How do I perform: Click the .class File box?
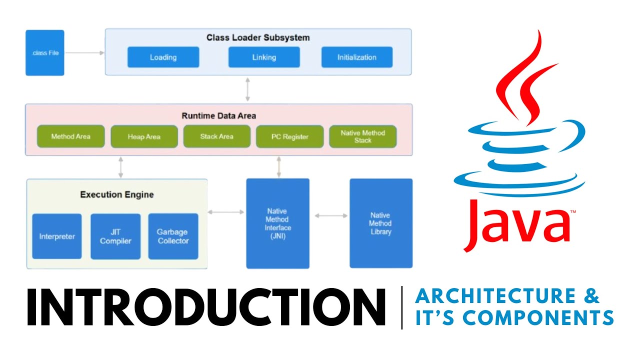coord(45,52)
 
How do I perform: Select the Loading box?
coord(163,57)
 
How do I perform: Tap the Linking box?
coord(264,57)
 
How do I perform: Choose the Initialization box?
coord(356,57)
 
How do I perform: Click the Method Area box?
coord(70,136)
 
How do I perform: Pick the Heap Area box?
coord(144,136)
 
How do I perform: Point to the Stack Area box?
coord(216,136)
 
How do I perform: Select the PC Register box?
coord(289,136)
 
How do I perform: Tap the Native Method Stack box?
coord(362,136)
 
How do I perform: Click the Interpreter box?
coord(57,236)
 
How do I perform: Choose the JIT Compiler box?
coord(115,236)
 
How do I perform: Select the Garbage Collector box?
coord(173,236)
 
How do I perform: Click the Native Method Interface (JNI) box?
coord(278,222)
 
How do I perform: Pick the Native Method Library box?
coord(381,223)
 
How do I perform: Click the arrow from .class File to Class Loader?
coord(84,52)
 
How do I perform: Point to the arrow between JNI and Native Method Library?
coord(331,215)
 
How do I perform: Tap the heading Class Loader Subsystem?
coord(258,37)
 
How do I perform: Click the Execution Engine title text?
coord(117,194)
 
